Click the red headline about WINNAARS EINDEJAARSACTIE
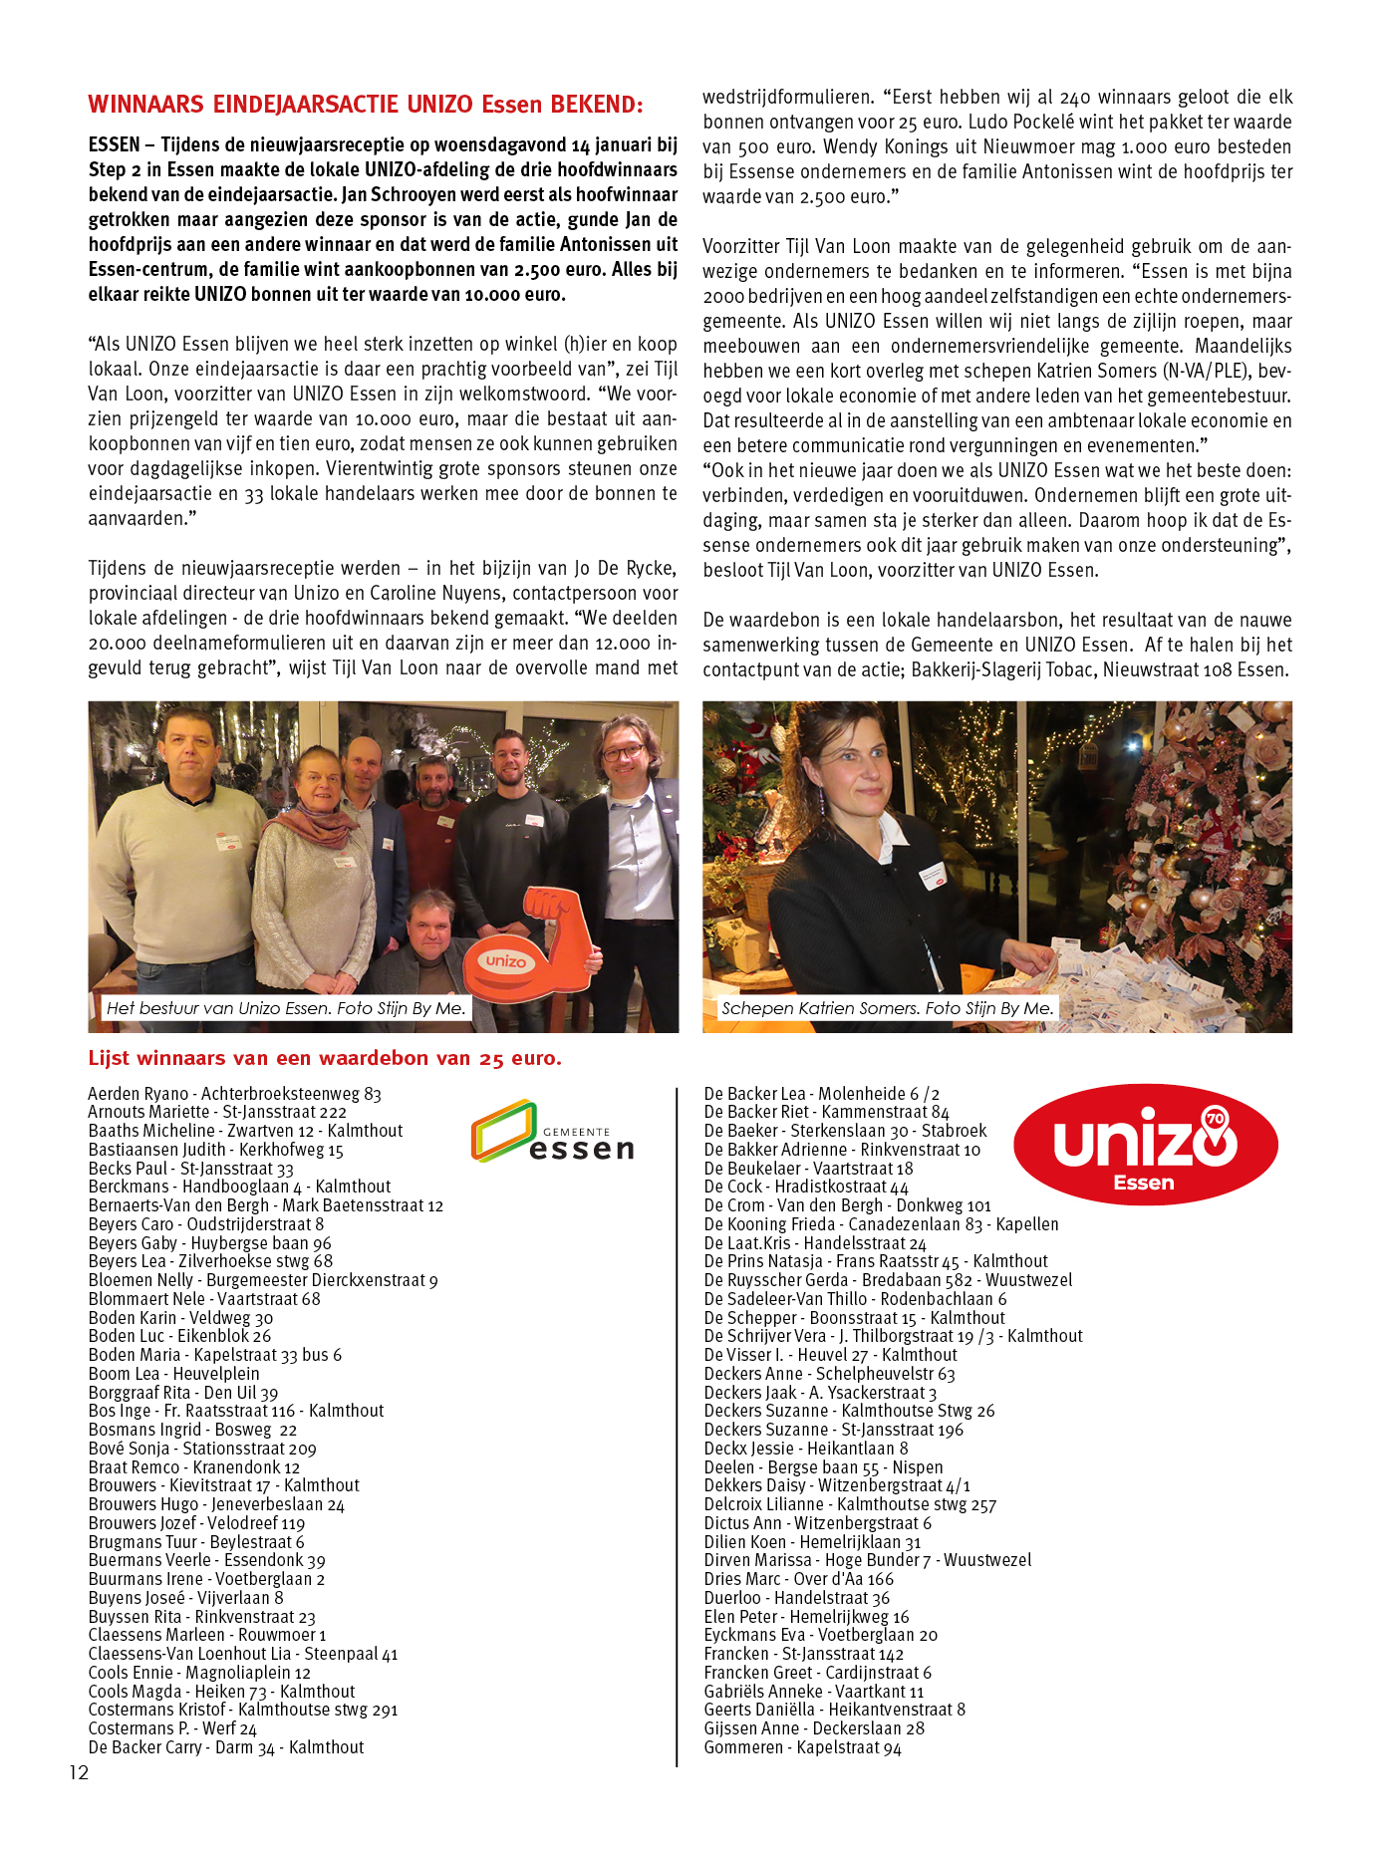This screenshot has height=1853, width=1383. click(366, 105)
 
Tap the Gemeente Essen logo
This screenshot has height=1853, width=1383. click(552, 1133)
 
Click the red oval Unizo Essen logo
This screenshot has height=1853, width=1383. click(1145, 1145)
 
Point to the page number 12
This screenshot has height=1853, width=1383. click(79, 1772)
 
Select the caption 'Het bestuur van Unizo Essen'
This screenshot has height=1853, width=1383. click(286, 1008)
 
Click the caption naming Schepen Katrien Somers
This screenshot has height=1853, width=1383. click(887, 1008)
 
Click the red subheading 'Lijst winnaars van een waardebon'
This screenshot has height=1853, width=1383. click(325, 1058)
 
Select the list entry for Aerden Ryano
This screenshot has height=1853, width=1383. click(234, 1094)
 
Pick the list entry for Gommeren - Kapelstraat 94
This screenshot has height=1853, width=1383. click(802, 1747)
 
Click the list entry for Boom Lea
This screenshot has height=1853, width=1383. click(173, 1374)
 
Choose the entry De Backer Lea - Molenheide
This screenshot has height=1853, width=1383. click(821, 1094)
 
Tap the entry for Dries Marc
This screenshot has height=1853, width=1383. click(798, 1579)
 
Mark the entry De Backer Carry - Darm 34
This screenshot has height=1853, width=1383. click(225, 1747)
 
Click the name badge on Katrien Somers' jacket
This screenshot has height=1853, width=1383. click(933, 877)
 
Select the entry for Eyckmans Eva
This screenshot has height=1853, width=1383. click(820, 1635)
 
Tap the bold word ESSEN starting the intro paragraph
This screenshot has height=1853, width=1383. click(114, 144)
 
